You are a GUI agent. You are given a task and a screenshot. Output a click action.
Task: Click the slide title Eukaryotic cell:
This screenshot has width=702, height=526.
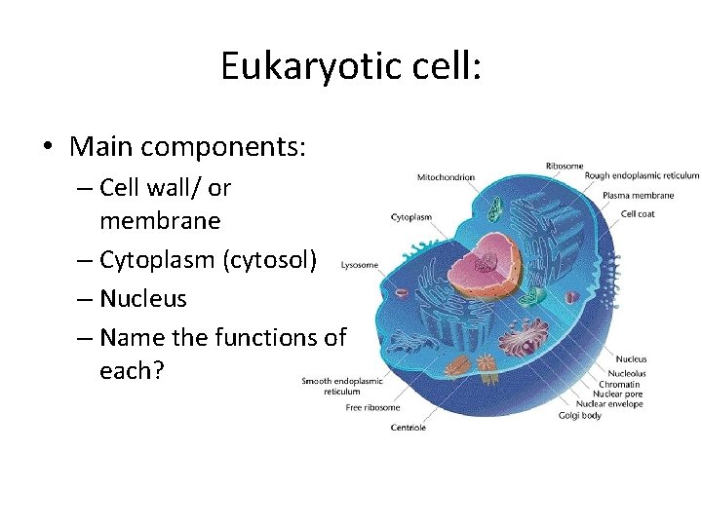pos(350,66)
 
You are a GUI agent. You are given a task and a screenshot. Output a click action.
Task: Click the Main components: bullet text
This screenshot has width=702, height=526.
pos(188,147)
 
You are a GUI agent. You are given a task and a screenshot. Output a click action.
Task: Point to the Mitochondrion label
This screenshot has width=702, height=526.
pos(446,177)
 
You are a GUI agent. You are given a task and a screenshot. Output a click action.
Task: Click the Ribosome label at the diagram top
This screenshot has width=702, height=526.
pos(565,166)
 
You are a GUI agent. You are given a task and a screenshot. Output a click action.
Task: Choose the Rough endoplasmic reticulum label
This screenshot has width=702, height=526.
pos(642,176)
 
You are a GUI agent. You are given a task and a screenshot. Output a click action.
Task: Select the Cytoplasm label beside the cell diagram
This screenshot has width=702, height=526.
pos(411,217)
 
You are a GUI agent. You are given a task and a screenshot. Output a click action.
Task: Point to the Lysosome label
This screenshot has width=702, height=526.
pos(359,264)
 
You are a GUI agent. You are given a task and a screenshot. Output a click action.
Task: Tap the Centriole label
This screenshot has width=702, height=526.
pos(408,427)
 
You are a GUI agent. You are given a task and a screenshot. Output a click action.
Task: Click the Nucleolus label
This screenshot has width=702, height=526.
pos(627,371)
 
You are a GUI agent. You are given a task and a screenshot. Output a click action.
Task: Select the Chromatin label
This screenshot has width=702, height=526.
pos(626,383)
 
